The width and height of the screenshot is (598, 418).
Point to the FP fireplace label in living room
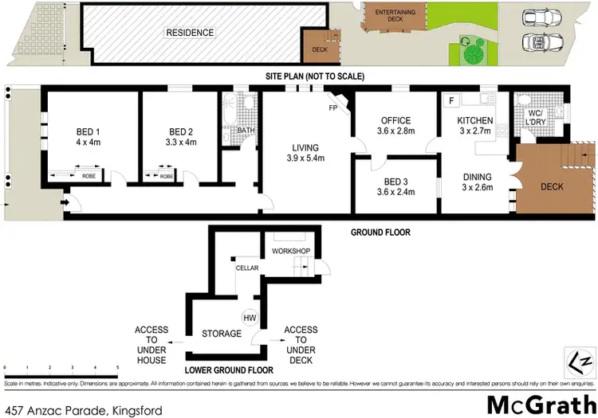334,108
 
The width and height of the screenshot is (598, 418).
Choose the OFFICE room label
396,121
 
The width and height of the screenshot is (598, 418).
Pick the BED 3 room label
396,179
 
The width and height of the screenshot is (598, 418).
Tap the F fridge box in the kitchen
451,101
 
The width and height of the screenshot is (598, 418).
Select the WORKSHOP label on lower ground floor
290,251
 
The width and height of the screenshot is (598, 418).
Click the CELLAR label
246,268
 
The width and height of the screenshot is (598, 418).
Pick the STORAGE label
221,334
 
